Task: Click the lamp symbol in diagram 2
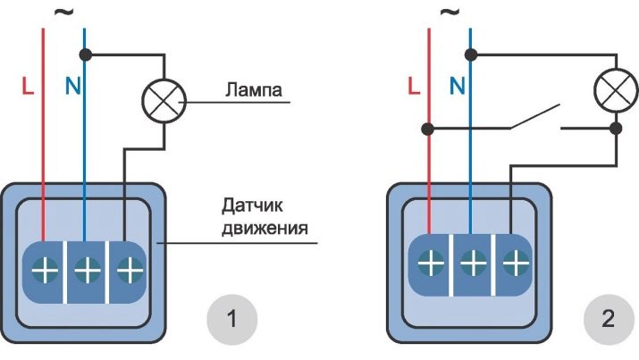point(616,88)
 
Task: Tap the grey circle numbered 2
point(608,319)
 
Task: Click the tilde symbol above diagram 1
point(63,13)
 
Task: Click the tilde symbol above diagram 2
point(450,13)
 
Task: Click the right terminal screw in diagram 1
point(129,267)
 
